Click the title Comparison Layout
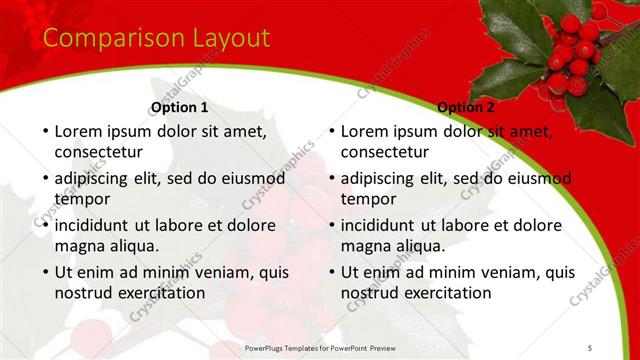156,39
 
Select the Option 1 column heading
179,107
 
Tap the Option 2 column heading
465,107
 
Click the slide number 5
590,347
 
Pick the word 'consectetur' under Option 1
98,153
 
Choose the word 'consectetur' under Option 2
384,153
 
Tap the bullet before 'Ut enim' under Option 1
44,272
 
